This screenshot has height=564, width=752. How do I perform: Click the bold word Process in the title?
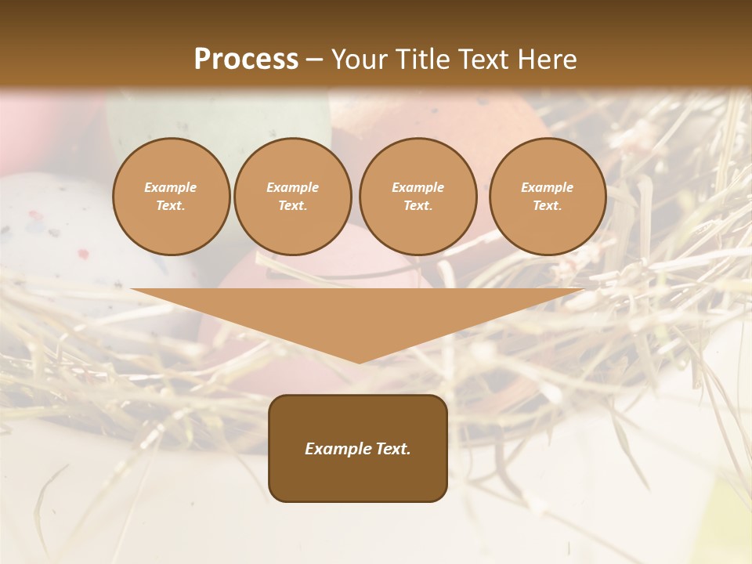pyautogui.click(x=246, y=60)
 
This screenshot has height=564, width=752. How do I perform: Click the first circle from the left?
pyautogui.click(x=171, y=197)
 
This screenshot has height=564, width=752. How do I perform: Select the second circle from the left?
pyautogui.click(x=292, y=197)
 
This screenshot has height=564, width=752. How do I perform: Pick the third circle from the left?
pyautogui.click(x=418, y=197)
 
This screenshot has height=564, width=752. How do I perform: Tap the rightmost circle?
pyautogui.click(x=547, y=197)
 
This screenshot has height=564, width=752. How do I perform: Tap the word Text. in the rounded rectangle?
pyautogui.click(x=391, y=449)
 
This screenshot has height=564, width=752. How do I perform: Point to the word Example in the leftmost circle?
pyautogui.click(x=171, y=187)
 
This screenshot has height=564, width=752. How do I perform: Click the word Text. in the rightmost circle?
pyautogui.click(x=547, y=206)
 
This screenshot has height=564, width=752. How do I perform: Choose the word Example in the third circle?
pyautogui.click(x=418, y=187)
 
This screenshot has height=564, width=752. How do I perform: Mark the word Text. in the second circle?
pyautogui.click(x=292, y=206)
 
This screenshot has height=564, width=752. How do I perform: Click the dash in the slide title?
pyautogui.click(x=315, y=60)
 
